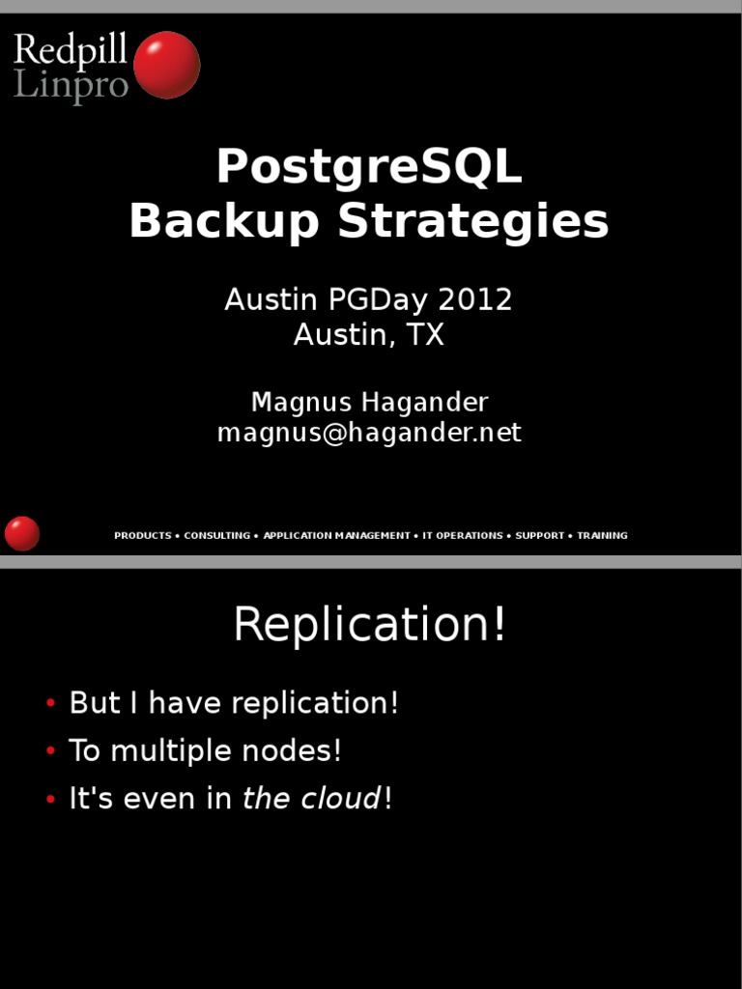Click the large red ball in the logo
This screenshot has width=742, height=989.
(166, 65)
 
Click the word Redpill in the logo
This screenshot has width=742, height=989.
(71, 50)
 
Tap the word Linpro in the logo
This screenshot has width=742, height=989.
(71, 85)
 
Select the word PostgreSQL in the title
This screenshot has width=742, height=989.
(369, 167)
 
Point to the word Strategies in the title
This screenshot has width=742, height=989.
(473, 221)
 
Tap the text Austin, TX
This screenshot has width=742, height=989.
(369, 335)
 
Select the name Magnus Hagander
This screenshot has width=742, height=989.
(369, 402)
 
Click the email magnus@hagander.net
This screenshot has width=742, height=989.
(369, 433)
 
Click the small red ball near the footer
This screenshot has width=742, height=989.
(22, 533)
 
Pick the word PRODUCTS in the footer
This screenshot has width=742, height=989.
(142, 535)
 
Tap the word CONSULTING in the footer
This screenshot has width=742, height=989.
(216, 535)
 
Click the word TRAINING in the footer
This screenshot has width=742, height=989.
(602, 535)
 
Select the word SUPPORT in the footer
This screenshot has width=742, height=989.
(539, 535)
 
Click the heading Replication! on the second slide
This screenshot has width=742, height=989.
(369, 625)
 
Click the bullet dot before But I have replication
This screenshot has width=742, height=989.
(50, 704)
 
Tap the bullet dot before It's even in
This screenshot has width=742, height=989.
(50, 801)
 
